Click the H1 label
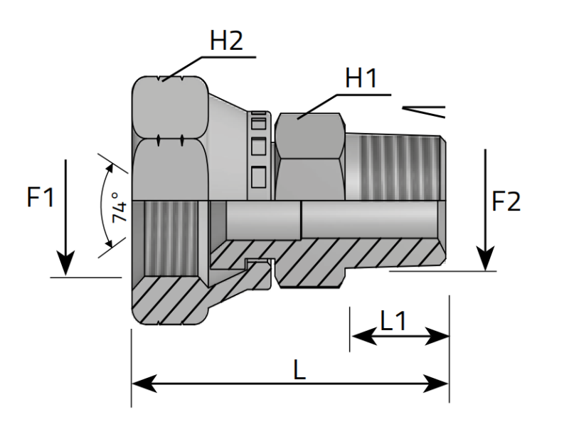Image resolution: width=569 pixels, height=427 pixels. click(361, 79)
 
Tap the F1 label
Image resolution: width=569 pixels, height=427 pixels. click(41, 198)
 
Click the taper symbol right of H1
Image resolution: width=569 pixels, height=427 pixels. click(424, 112)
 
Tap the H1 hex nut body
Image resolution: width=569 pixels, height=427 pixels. click(310, 153)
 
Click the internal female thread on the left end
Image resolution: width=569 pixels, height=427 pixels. click(168, 235)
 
